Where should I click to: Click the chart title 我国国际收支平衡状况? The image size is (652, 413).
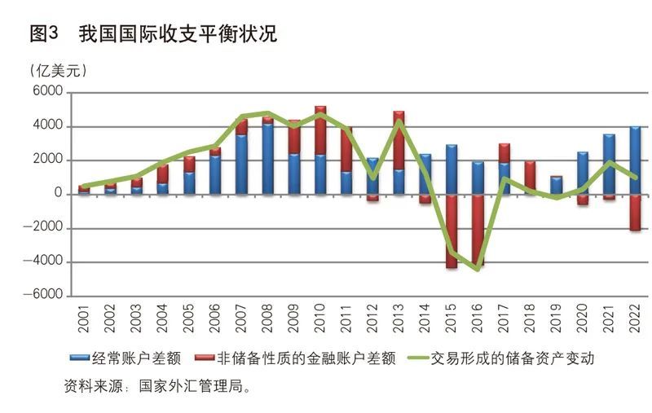(178, 34)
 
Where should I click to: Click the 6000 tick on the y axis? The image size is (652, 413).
(47, 93)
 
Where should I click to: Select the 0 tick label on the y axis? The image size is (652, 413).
(57, 194)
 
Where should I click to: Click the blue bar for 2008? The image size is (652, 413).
(267, 159)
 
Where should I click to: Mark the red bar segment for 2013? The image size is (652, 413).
(399, 140)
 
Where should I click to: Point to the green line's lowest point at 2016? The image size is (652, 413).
(477, 269)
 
